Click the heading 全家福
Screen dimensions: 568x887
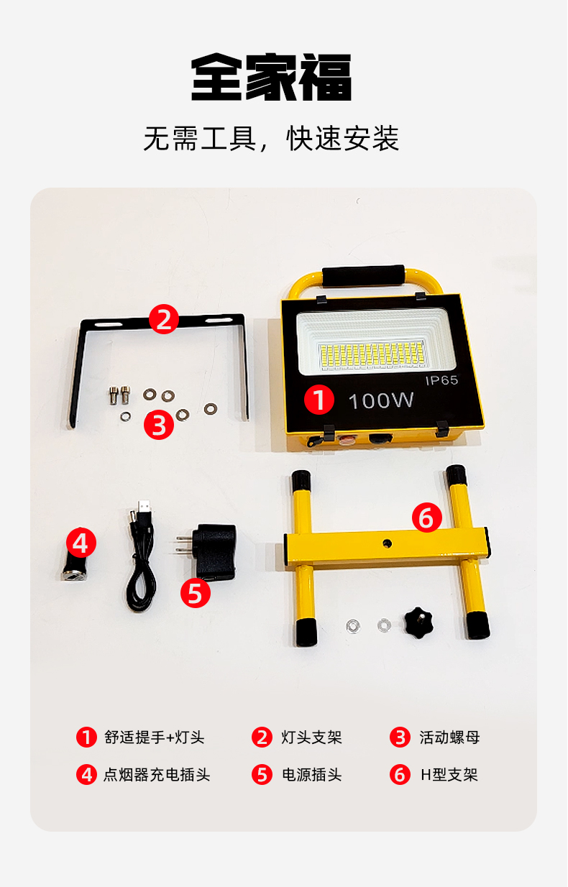point(271,77)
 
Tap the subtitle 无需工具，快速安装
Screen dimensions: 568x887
point(271,139)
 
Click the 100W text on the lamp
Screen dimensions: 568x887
point(381,400)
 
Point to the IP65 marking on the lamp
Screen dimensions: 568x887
point(441,380)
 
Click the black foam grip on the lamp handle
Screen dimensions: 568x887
point(363,275)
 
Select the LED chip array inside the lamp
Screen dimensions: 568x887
point(372,354)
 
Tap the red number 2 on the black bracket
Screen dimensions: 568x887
point(164,318)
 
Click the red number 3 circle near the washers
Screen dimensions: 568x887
point(159,425)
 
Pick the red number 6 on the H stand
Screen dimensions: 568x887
point(427,517)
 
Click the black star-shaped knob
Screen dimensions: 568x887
point(418,622)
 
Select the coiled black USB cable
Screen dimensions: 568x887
point(139,558)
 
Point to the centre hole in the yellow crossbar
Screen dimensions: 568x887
point(387,543)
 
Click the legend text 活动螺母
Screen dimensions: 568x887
point(449,737)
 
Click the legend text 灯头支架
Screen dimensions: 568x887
point(311,737)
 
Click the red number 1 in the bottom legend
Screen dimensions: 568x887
point(86,737)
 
